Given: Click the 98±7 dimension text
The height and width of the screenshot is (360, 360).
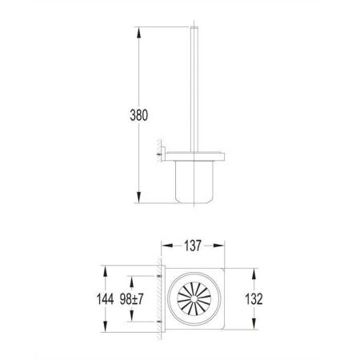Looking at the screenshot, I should (143, 298).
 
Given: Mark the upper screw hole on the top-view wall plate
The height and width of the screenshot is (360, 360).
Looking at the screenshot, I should (159, 277).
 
